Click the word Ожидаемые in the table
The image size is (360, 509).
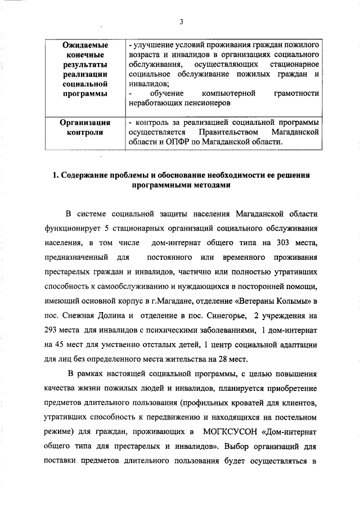84,44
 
